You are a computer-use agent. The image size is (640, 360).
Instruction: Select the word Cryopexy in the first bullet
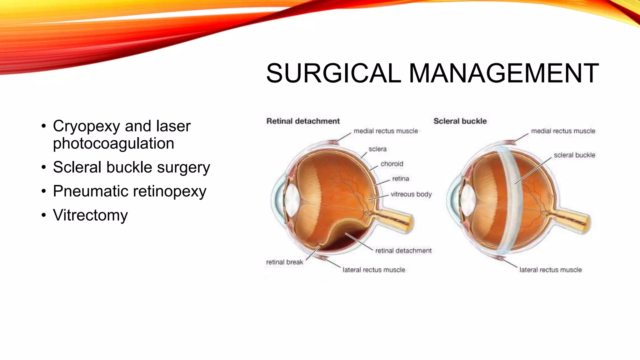(x=87, y=126)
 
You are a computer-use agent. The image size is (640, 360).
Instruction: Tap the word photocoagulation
(x=113, y=143)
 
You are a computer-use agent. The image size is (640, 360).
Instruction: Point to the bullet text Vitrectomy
(x=90, y=215)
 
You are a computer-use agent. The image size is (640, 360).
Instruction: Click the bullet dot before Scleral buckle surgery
(x=44, y=167)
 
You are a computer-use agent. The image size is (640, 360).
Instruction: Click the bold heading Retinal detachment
(x=303, y=121)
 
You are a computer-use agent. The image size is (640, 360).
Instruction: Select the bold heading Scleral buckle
(x=460, y=121)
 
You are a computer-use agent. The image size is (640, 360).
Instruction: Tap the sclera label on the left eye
(x=377, y=149)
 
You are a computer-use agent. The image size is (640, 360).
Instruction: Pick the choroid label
(x=392, y=164)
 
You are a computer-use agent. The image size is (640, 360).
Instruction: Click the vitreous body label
(x=411, y=194)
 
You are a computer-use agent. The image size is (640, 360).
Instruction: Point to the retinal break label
(x=284, y=262)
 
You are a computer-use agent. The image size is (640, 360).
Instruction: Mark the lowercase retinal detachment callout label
(x=403, y=251)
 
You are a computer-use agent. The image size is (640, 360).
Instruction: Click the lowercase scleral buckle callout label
(x=574, y=155)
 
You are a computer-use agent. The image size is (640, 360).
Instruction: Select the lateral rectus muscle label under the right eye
(x=550, y=270)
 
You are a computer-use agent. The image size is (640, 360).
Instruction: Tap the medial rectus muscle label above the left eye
(x=386, y=131)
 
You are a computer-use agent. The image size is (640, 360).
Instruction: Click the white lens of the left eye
(x=292, y=200)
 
